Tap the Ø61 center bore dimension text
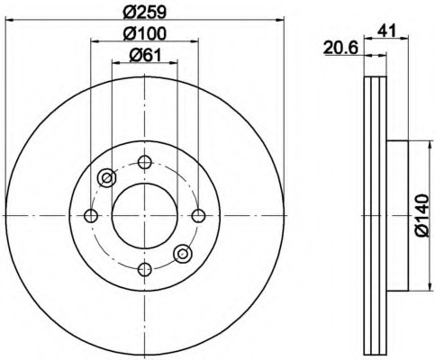[x=144, y=55]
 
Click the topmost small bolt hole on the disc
[x=144, y=162]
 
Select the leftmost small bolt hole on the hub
[x=91, y=215]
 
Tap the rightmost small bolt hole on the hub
[x=197, y=215]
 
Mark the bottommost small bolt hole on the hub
[x=144, y=268]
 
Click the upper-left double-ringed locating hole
[x=106, y=177]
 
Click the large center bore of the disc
[x=144, y=215]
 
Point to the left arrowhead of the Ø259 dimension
[x=8, y=20]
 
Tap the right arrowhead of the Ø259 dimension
[x=280, y=20]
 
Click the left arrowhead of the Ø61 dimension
[x=114, y=65]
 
